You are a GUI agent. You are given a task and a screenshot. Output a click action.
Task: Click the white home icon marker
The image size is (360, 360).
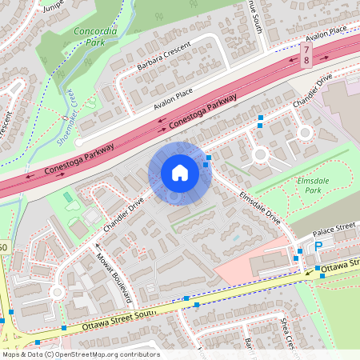pyautogui.click(x=179, y=173)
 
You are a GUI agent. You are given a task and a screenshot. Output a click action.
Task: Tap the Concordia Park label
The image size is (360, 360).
pyautogui.click(x=95, y=37)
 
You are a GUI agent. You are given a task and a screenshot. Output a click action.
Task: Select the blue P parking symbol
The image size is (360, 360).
pyautogui.click(x=318, y=248)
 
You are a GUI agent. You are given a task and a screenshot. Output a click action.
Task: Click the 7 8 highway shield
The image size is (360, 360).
pyautogui.click(x=306, y=54)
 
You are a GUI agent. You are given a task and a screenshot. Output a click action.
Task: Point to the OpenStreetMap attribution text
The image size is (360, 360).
pyautogui.click(x=80, y=354)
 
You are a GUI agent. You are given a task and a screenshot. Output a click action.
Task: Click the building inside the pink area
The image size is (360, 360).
pyautogui.click(x=264, y=264)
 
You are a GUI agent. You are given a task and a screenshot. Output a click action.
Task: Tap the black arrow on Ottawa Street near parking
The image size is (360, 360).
pyautogui.click(x=309, y=272)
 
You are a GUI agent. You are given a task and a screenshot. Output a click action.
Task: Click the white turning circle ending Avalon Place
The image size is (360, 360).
pyautogui.click(x=78, y=142)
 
